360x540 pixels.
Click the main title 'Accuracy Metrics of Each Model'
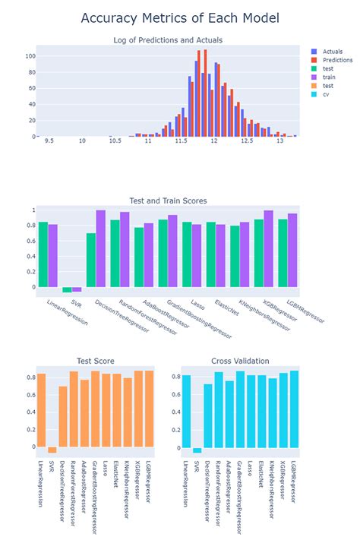click(x=180, y=17)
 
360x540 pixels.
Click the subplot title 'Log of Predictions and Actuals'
click(x=168, y=39)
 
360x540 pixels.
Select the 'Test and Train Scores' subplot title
click(x=170, y=201)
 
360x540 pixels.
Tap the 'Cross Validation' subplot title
click(x=241, y=361)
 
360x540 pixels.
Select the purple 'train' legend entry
click(x=326, y=77)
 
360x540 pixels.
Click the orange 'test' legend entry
click(x=325, y=87)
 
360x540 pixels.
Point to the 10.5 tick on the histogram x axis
click(x=115, y=141)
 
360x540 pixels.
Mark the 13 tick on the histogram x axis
click(x=279, y=141)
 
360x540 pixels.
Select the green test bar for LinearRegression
click(x=43, y=254)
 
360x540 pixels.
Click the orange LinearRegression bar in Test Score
click(x=42, y=409)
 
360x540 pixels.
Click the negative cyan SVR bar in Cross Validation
click(x=197, y=450)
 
